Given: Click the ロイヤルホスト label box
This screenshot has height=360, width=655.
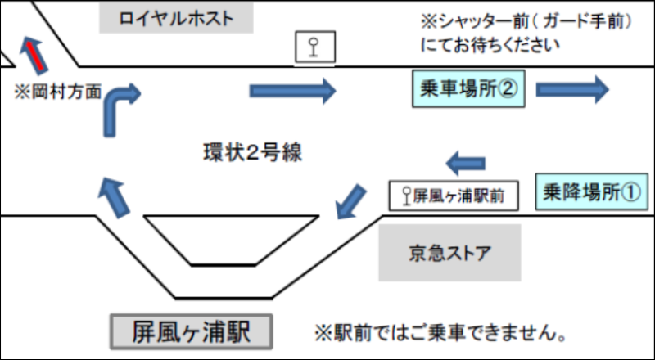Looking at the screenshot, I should tap(176, 18).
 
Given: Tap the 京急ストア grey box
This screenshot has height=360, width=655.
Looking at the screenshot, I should tap(449, 251).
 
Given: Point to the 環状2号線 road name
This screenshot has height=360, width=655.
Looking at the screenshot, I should tap(247, 152).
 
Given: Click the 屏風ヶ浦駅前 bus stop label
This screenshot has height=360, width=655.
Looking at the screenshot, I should tap(454, 196).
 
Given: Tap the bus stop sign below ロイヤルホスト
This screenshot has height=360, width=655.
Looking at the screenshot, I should tap(314, 48).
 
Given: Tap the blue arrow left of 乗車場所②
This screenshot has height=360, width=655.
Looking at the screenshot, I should tap(292, 90).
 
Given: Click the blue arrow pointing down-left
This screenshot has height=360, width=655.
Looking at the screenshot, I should tap(351, 200).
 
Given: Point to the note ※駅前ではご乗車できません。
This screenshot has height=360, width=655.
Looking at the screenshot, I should tap(441, 332).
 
